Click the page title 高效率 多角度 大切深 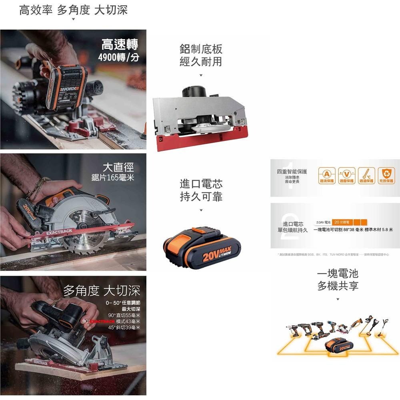(74, 10)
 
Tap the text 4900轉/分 (119, 58)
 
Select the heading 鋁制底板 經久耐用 (201, 56)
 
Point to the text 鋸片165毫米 (113, 177)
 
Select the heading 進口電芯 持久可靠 (201, 190)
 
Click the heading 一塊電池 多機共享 (338, 280)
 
